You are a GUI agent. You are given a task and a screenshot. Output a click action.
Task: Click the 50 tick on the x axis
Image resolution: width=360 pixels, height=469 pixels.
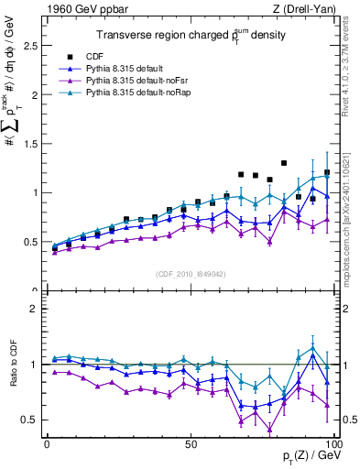(191, 444)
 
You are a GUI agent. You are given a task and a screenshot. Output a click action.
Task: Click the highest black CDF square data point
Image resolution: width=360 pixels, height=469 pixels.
(284, 163)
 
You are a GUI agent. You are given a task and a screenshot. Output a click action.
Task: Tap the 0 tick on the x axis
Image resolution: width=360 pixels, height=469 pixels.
(47, 444)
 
